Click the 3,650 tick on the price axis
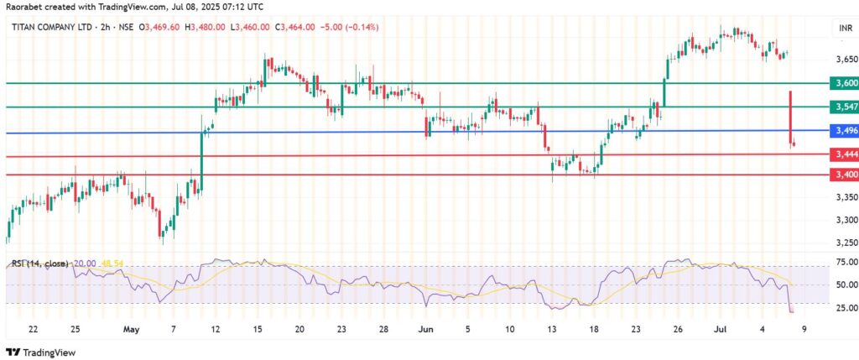pos(841,60)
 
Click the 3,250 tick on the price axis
pos(841,243)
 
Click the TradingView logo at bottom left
pos(41,351)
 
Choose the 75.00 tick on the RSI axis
pos(841,262)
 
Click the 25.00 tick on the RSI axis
pos(841,307)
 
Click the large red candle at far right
pos(790,117)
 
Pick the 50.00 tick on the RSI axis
pos(841,284)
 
